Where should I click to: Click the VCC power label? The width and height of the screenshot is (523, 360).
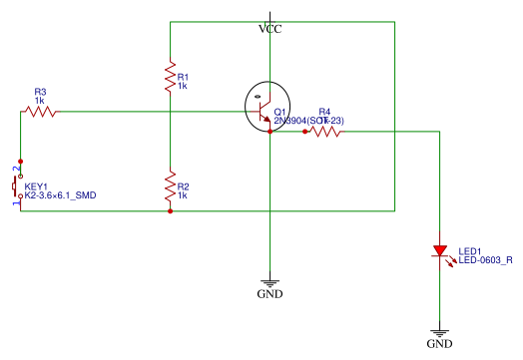[x=269, y=29]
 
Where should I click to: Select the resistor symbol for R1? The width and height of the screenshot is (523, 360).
[x=170, y=76]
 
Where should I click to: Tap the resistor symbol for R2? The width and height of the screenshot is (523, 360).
[x=170, y=186]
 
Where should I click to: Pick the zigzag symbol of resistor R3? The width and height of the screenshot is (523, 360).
[x=39, y=112]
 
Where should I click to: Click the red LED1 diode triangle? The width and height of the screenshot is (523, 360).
[x=439, y=252]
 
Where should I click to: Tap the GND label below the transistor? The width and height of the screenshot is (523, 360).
[x=269, y=294]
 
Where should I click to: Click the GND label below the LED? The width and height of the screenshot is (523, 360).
[x=439, y=343]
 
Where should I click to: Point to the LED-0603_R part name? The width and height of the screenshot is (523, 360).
[x=485, y=260]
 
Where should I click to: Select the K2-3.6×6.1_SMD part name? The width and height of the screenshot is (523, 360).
[x=67, y=196]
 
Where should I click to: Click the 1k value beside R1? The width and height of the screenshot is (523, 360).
[x=183, y=86]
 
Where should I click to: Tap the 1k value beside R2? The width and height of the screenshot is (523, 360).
[x=183, y=195]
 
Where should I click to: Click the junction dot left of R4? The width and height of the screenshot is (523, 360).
[x=303, y=130]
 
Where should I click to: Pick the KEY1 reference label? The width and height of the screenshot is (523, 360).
[x=36, y=186]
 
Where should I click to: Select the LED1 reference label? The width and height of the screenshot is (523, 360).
[x=470, y=250]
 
